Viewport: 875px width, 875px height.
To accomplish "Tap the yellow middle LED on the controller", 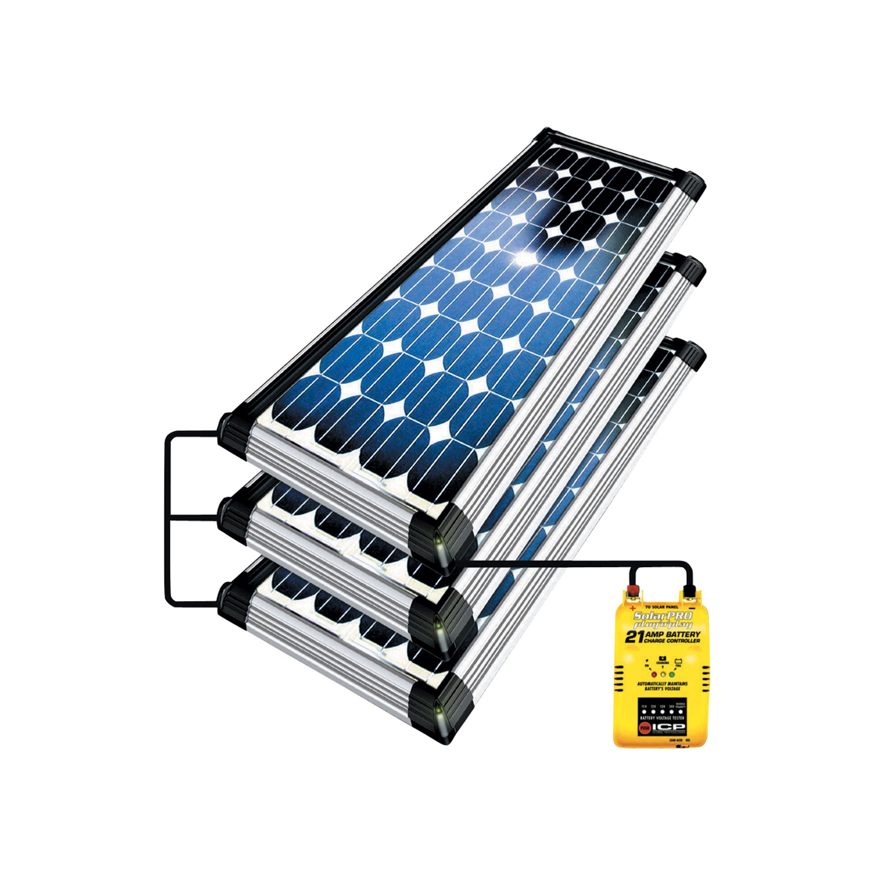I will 664,674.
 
